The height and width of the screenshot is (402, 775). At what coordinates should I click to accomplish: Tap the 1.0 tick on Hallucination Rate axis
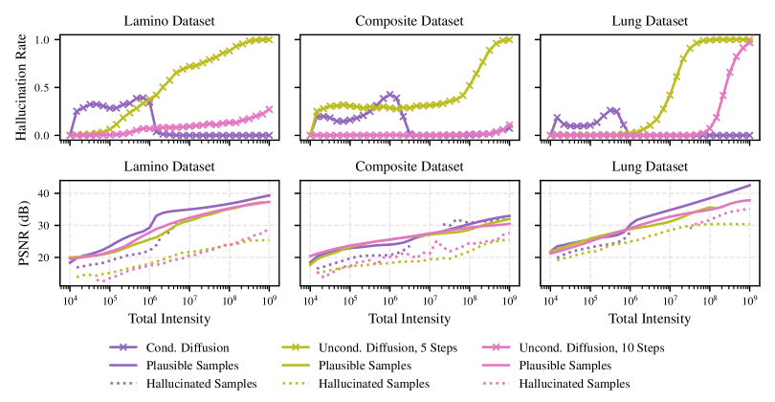click(41, 40)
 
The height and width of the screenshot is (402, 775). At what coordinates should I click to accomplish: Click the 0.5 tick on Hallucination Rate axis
click(41, 88)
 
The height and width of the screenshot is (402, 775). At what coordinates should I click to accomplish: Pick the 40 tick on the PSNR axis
click(41, 193)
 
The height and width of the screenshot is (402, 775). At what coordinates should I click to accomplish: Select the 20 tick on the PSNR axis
click(41, 257)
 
